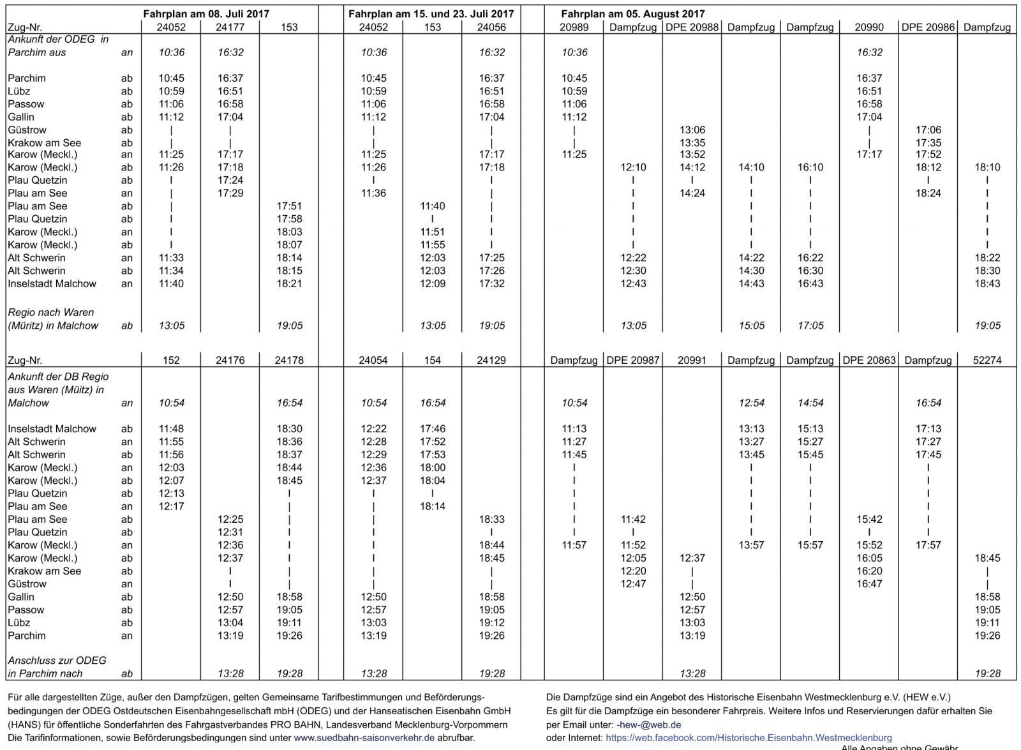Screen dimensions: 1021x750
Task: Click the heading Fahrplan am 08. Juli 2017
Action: tap(207, 13)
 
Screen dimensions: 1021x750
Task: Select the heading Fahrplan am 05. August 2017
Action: tap(633, 13)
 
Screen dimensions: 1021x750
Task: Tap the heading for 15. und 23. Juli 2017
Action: tap(431, 13)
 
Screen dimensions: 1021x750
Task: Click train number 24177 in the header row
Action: tap(230, 27)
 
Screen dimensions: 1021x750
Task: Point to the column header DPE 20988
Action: tap(692, 27)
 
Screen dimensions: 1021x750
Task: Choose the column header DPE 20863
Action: tap(869, 360)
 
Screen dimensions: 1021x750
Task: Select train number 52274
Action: tap(987, 360)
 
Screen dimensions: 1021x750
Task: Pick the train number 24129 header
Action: tap(491, 360)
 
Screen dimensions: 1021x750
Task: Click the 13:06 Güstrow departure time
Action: tap(692, 130)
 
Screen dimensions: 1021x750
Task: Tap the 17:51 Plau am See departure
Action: tap(289, 206)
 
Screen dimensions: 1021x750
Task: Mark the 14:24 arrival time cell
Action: tap(692, 193)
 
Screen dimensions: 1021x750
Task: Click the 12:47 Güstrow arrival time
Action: tap(633, 584)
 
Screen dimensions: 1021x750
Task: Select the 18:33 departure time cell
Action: tap(491, 520)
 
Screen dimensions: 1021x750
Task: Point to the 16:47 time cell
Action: tap(869, 584)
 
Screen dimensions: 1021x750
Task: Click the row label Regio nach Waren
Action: tap(51, 313)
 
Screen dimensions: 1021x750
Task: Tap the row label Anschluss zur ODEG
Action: tap(57, 661)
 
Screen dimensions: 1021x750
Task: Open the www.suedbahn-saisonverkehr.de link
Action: tap(364, 738)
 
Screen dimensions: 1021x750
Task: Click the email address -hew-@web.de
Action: tap(648, 724)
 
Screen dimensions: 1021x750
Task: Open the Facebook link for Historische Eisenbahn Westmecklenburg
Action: tap(749, 738)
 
